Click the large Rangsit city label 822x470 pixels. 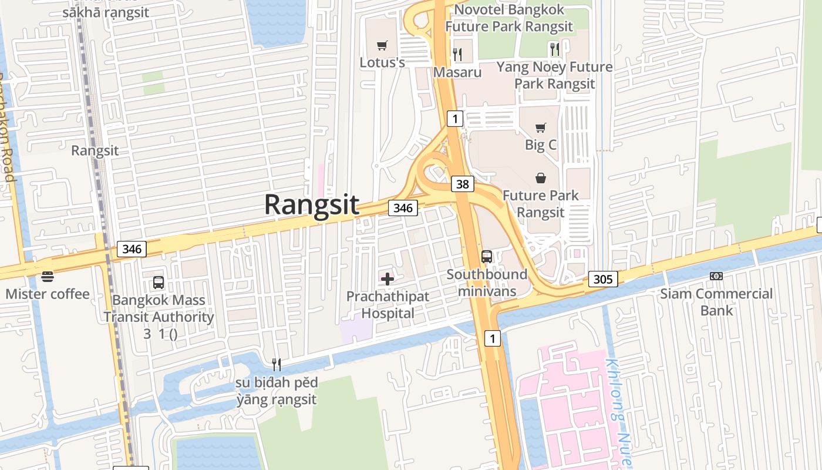[x=311, y=204]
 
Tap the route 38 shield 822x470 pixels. [x=463, y=184]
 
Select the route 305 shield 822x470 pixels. [x=603, y=279]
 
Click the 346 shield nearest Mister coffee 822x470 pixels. [x=132, y=249]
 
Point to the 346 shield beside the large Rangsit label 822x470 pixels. [x=403, y=207]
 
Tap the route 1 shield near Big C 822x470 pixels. [x=455, y=119]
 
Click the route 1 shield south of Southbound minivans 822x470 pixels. [x=493, y=338]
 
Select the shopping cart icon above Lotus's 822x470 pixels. [x=382, y=45]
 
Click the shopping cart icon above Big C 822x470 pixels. [x=540, y=127]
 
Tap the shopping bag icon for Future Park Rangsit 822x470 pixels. [x=540, y=177]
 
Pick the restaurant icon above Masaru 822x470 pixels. [x=457, y=55]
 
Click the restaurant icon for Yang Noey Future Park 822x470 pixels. [x=554, y=49]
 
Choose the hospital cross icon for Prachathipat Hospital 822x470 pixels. [x=388, y=278]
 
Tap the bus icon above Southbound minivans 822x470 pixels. [x=486, y=257]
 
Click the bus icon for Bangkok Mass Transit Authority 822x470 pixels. [x=159, y=283]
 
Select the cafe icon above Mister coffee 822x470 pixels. [x=48, y=276]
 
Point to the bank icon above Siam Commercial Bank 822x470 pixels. [x=716, y=276]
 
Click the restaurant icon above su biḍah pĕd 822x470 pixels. [x=276, y=365]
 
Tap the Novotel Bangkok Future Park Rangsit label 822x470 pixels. [x=508, y=18]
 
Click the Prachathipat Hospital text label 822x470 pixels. [x=388, y=304]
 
